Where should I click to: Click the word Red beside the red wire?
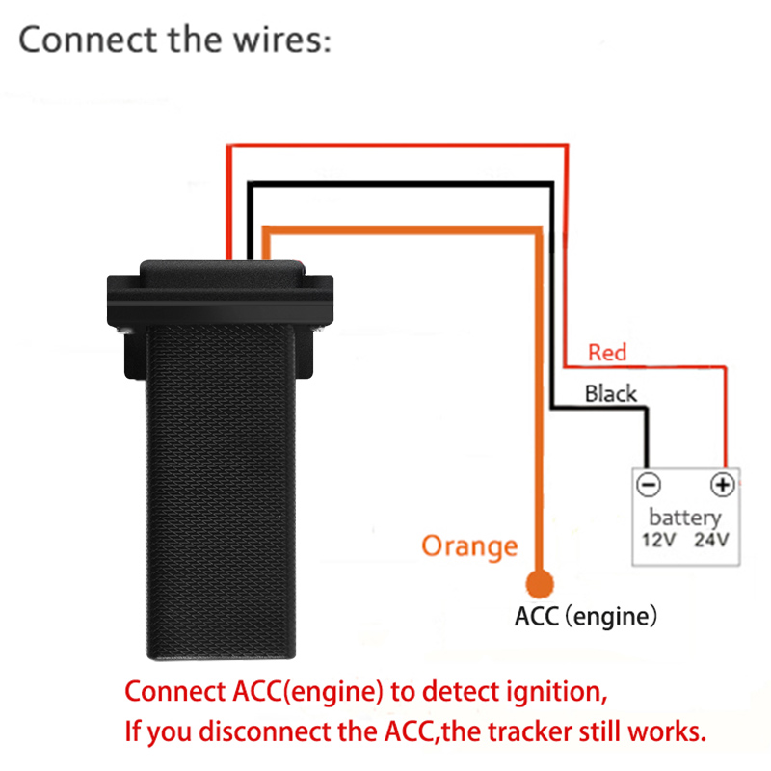pos(607,353)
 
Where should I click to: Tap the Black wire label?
pos(611,393)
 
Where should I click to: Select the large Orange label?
pos(469,546)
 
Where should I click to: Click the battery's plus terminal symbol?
pos(723,484)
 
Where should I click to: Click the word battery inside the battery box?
pos(685,517)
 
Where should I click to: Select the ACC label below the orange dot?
pos(537,616)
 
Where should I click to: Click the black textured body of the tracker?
pos(221,482)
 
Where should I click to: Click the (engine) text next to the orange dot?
pos(613,616)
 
